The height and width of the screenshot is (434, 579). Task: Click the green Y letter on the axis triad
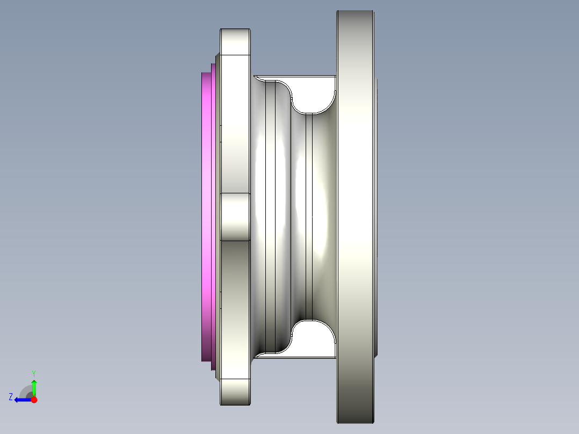click(x=33, y=373)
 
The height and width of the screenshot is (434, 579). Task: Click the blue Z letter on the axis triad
click(x=11, y=396)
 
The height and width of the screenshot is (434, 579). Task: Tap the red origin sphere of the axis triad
click(x=34, y=400)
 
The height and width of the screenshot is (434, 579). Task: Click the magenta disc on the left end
click(x=207, y=215)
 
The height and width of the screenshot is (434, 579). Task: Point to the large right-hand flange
click(x=354, y=215)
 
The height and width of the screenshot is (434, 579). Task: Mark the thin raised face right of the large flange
click(x=377, y=215)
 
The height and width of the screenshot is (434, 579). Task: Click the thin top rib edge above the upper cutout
click(x=295, y=76)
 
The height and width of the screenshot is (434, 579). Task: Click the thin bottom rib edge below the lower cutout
click(x=295, y=357)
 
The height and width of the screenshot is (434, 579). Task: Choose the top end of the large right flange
click(x=354, y=21)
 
